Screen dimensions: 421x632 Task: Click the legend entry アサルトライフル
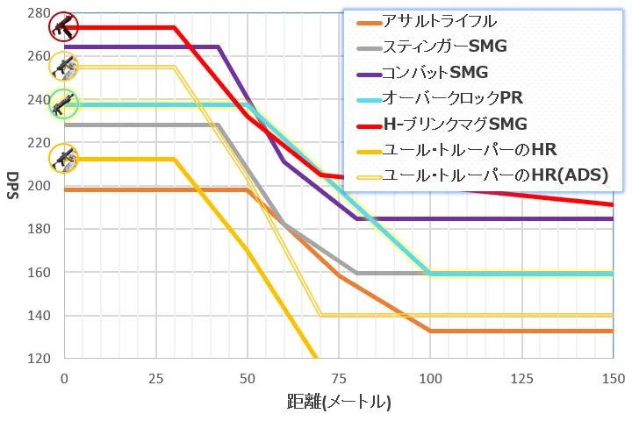(440, 21)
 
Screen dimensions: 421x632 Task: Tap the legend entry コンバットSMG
(434, 72)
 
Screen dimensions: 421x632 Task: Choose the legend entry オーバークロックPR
(452, 97)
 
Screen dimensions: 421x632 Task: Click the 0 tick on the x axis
(64, 378)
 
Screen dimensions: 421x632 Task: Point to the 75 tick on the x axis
(339, 378)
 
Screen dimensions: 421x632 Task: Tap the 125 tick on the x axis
(521, 378)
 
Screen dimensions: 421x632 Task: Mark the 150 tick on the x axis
(613, 378)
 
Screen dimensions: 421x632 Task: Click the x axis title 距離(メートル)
(339, 403)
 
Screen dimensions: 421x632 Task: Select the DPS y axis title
(12, 186)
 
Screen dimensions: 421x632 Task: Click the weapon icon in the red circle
(64, 26)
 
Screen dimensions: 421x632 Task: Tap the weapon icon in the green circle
(64, 104)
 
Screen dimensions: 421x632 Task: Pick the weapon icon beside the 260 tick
(64, 66)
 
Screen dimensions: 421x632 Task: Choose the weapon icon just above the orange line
(64, 159)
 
